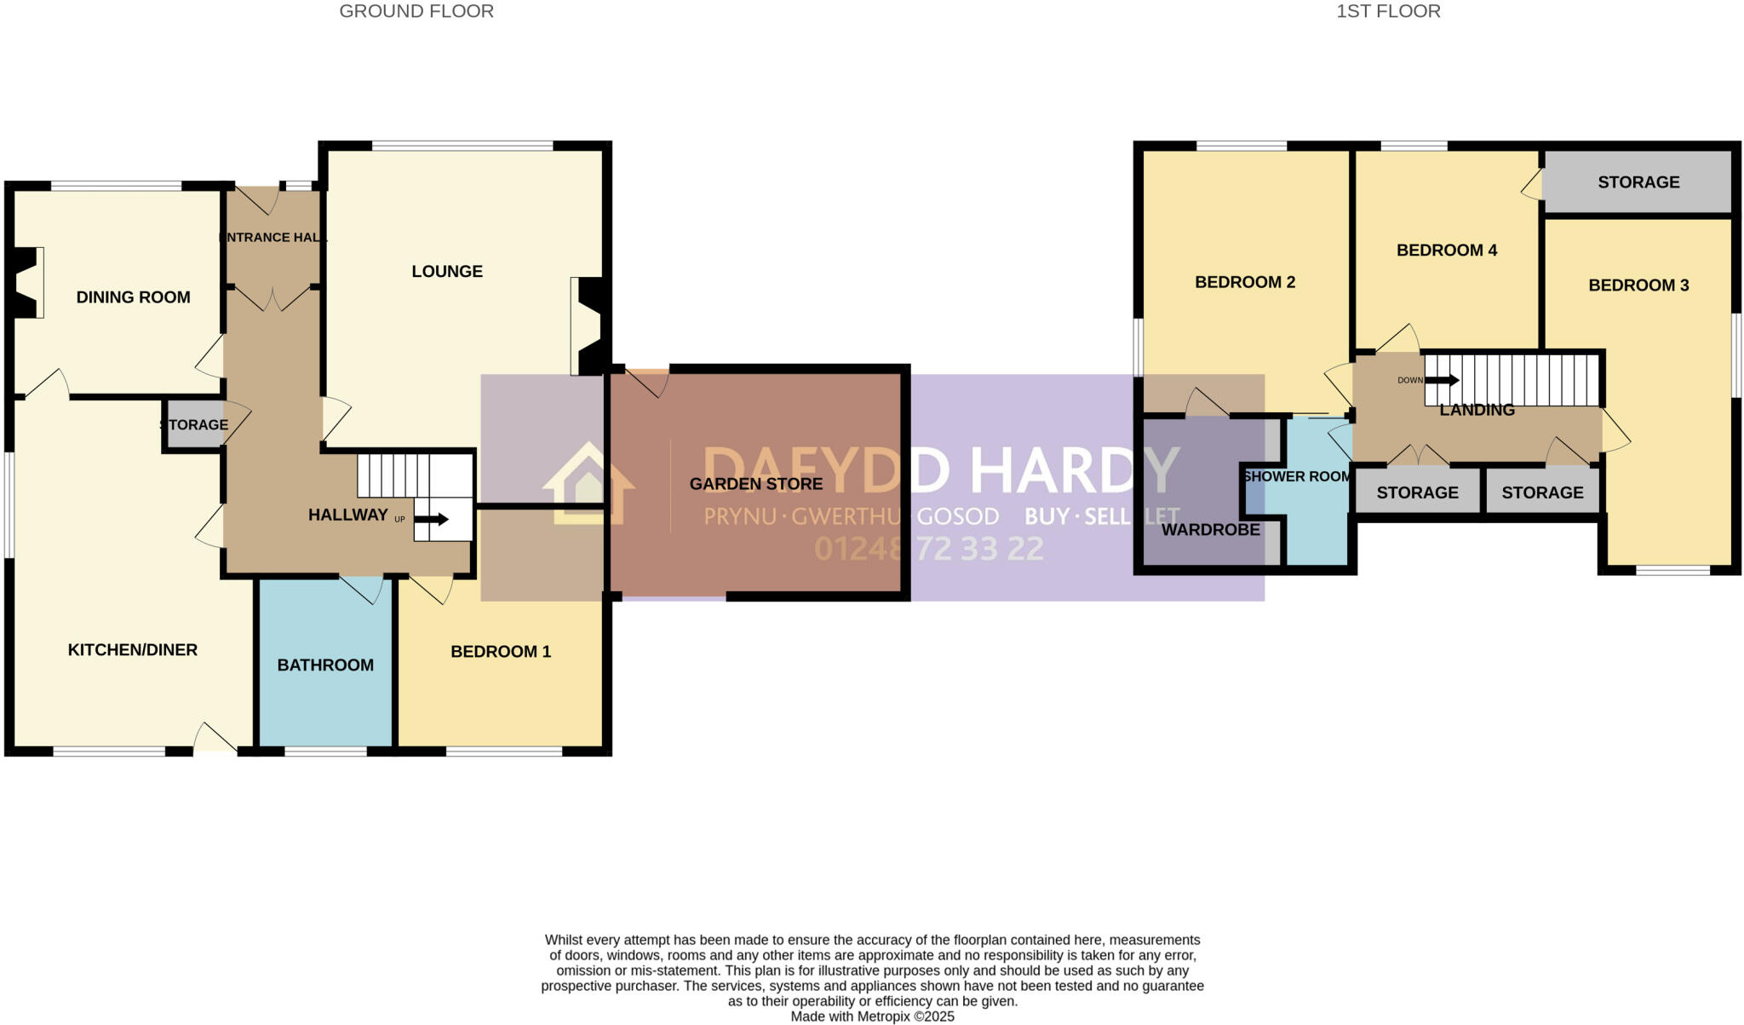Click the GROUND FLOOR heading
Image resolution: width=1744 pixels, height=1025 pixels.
[416, 11]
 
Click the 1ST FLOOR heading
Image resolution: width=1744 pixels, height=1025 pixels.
[1388, 11]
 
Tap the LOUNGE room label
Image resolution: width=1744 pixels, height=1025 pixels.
[447, 271]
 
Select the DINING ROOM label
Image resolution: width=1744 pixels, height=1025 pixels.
[133, 297]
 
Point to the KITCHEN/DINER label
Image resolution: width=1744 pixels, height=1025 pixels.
[132, 650]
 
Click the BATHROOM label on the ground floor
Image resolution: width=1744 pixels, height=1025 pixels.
[325, 665]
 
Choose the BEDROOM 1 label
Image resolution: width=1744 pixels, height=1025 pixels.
[500, 652]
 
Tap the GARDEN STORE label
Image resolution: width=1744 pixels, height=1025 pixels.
[755, 484]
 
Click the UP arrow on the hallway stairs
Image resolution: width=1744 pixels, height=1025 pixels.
[437, 519]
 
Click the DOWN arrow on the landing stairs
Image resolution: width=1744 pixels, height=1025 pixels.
[1441, 380]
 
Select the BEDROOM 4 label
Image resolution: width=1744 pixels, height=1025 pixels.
[1446, 250]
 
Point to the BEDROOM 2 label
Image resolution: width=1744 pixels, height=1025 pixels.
[1244, 282]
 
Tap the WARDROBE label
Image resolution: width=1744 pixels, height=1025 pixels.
[1210, 529]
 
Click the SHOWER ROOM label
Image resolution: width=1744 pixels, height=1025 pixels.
[1296, 476]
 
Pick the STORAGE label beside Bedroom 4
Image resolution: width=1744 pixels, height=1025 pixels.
[1638, 182]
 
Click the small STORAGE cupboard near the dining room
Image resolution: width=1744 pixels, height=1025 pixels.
[194, 424]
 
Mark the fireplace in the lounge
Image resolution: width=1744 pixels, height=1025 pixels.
[589, 326]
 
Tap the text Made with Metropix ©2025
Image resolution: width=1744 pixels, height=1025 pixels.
[872, 1016]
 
